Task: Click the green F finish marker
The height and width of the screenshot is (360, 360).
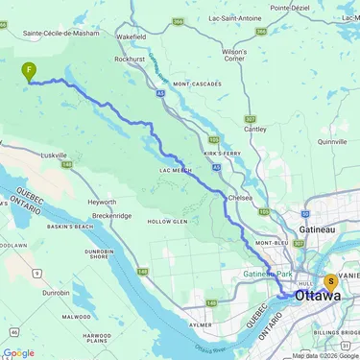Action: (x=30, y=70)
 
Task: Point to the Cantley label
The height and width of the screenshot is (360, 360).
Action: (x=255, y=129)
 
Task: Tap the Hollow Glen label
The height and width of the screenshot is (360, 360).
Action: (x=165, y=221)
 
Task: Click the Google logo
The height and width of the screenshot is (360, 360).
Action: (x=18, y=352)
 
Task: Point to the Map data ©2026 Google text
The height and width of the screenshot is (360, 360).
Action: (x=324, y=355)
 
